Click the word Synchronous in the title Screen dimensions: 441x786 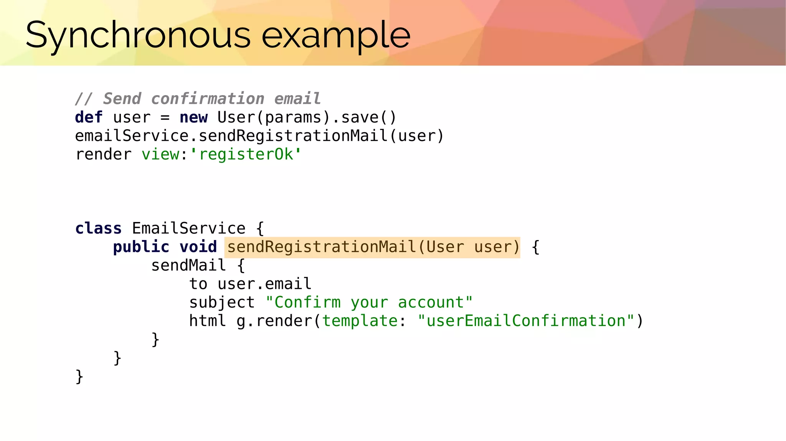tap(138, 36)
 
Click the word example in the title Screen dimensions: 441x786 tap(336, 36)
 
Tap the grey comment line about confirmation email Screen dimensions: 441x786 tap(198, 99)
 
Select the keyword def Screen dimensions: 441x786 tap(89, 117)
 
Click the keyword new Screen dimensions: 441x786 tap(193, 117)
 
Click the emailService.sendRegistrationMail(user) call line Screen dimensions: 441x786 tap(259, 136)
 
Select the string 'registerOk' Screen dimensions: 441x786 tap(246, 154)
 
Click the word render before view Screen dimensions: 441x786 tap(103, 154)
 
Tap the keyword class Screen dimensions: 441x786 tap(98, 228)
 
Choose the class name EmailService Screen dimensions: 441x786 tap(188, 228)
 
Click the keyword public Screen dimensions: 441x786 tap(141, 247)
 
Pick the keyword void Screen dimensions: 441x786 tap(198, 247)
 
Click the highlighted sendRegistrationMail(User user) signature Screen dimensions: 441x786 tap(373, 247)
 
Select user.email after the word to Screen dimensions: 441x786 tap(264, 284)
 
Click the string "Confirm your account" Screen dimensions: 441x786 tap(369, 302)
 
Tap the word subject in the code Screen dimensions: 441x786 tap(222, 302)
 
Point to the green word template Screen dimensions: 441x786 tap(360, 321)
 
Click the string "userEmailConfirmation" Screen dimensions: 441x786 tap(526, 321)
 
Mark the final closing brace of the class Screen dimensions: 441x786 tap(79, 376)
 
